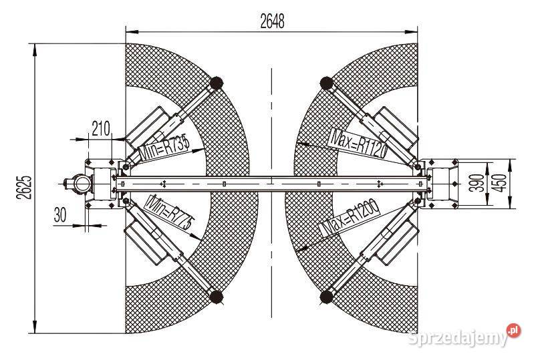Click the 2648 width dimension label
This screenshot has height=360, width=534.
[x=272, y=21]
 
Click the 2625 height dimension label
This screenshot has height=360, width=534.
[x=24, y=188]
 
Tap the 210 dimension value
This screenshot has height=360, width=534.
[x=101, y=129]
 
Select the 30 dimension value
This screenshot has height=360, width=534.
[x=60, y=214]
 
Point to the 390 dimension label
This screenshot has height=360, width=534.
[x=477, y=183]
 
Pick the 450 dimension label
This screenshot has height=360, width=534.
[x=499, y=183]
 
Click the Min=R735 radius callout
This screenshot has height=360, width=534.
[x=164, y=149]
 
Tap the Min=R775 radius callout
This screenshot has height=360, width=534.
[x=169, y=212]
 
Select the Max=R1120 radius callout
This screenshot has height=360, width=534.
[x=359, y=143]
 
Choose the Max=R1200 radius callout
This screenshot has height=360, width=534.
[x=350, y=218]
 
